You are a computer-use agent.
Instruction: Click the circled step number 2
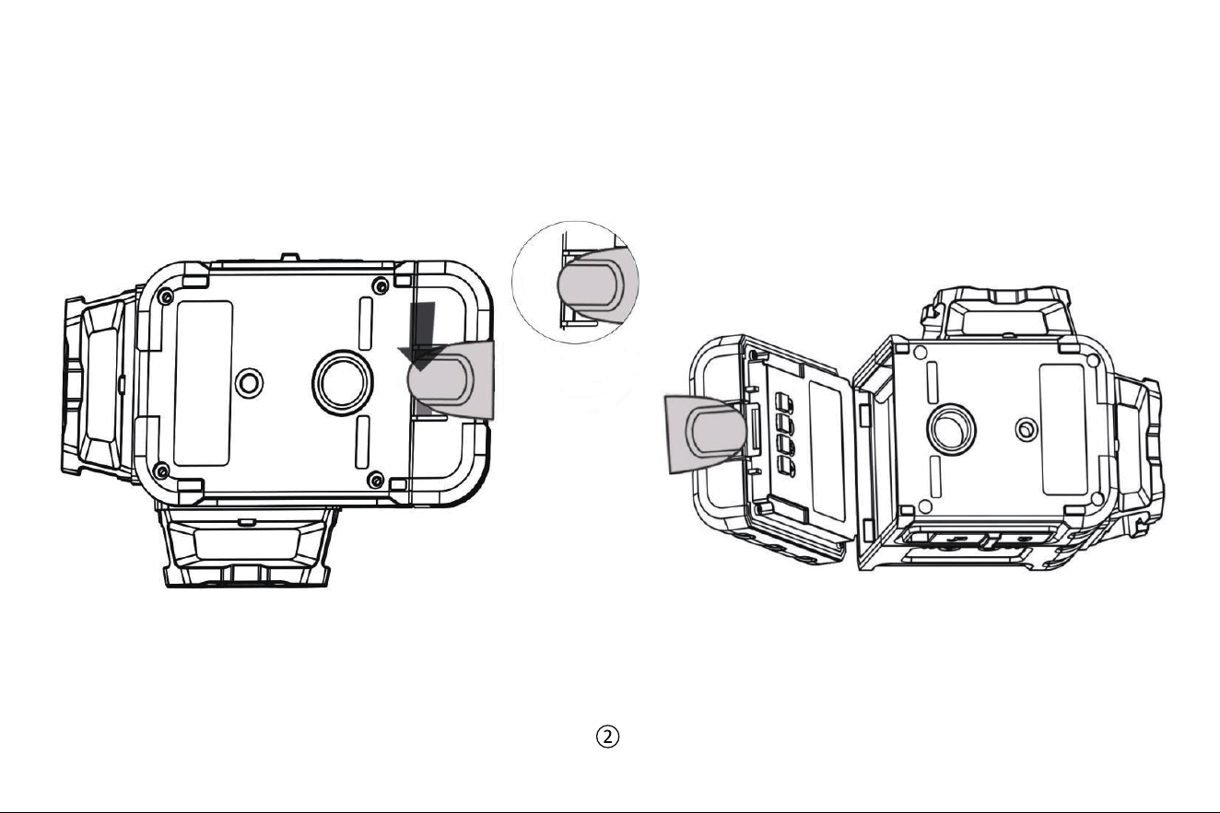pos(607,737)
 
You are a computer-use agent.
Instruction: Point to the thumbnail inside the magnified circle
pos(590,286)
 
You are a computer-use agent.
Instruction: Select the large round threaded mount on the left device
pos(342,382)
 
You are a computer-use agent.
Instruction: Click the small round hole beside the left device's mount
pos(249,383)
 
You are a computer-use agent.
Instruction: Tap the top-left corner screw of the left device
pos(165,296)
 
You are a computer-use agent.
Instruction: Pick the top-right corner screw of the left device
pos(381,285)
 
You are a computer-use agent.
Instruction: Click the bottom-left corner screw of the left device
pos(160,470)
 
